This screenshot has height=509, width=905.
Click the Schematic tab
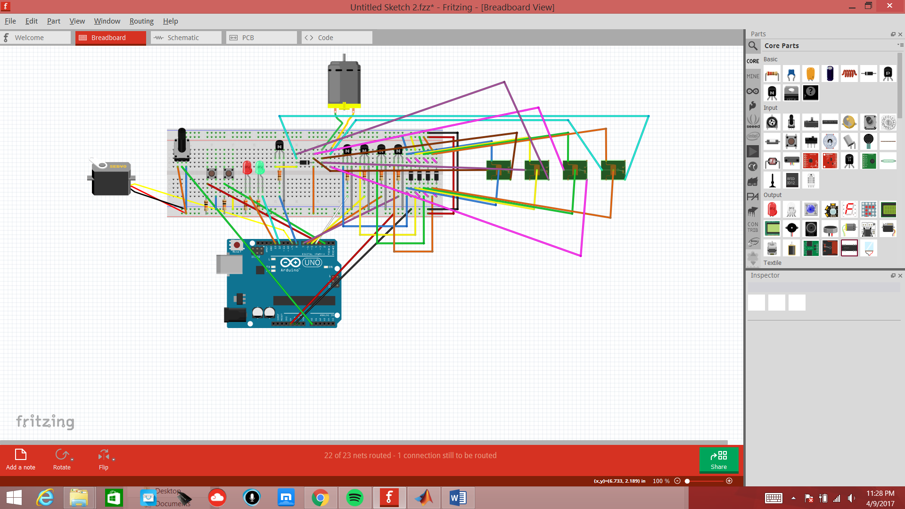coord(186,38)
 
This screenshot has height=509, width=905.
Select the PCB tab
coord(261,38)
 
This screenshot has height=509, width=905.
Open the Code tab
coord(337,38)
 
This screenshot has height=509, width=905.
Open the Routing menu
coord(141,21)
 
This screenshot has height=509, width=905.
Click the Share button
coord(718,460)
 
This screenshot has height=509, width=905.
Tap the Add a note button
coord(20,460)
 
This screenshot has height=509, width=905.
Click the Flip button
coord(104,460)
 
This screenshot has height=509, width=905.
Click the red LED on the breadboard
coord(247,167)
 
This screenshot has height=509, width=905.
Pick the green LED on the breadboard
coord(260,167)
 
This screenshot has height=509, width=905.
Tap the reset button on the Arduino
coord(237,245)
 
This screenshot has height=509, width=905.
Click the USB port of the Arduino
coord(229,264)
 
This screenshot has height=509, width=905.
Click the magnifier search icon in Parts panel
coord(753,46)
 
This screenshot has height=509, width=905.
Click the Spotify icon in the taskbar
coord(354,498)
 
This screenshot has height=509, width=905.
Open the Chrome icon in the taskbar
coord(320,498)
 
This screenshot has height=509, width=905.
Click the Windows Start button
coord(14,498)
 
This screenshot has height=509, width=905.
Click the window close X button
coord(889,6)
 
